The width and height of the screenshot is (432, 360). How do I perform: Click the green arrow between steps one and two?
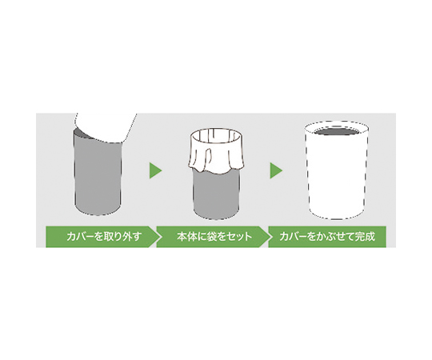[155, 170]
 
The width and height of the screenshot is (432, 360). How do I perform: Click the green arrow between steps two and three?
[276, 170]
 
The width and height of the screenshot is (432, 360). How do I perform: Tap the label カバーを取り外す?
[104, 237]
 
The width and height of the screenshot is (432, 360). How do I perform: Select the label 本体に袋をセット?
[214, 237]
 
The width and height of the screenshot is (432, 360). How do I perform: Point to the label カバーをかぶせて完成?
[327, 237]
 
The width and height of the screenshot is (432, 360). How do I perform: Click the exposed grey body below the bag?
[216, 194]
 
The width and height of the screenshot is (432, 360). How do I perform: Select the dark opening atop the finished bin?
[337, 131]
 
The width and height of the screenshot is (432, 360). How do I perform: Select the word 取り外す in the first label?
[122, 237]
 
